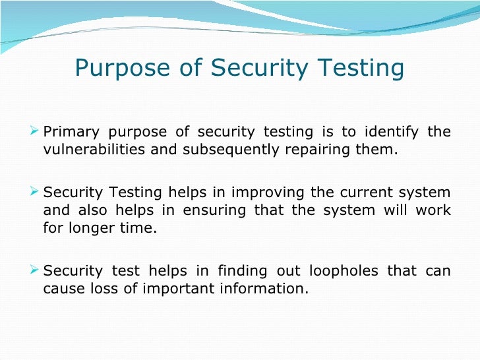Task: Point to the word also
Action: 90,212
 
